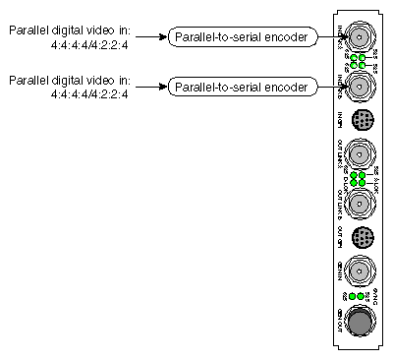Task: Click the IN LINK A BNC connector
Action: click(361, 37)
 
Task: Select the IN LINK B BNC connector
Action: click(361, 88)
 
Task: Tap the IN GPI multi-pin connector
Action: click(361, 120)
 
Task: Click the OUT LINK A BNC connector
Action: click(361, 154)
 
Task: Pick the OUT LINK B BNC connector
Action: click(361, 204)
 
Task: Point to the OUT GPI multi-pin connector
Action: click(361, 237)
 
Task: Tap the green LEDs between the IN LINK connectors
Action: click(361, 62)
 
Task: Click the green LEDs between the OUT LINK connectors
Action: click(361, 179)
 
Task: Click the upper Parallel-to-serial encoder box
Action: click(239, 37)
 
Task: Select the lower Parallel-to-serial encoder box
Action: click(239, 88)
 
